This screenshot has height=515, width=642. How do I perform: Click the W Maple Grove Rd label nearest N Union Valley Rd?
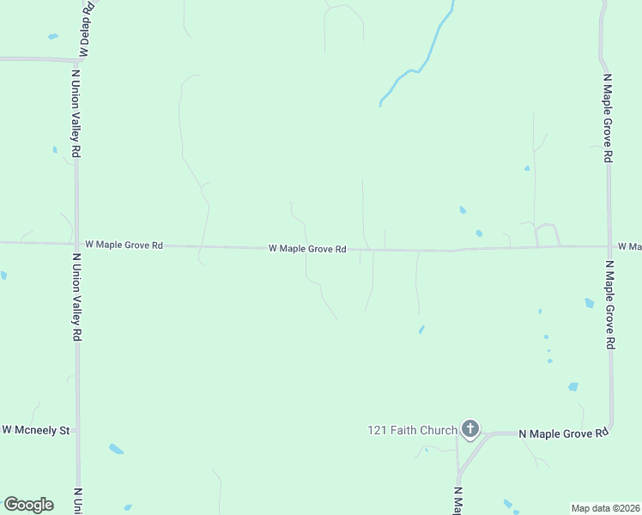coord(124,245)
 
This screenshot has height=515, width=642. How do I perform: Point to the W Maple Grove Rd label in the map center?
coord(307,249)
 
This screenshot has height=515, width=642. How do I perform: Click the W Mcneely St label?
coord(36,429)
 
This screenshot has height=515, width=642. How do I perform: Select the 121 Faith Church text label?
coord(412,429)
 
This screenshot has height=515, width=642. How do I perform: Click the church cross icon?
coord(469,427)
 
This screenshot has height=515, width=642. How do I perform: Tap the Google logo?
coord(28,505)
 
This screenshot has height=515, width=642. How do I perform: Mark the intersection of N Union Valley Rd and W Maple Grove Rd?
coord(76,244)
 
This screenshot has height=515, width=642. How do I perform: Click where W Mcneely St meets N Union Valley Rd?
coord(77,429)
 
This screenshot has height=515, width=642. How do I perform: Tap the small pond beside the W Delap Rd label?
coord(53,36)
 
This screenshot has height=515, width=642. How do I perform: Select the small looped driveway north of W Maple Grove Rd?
coord(547,233)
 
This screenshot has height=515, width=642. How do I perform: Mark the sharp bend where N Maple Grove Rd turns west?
coord(610,427)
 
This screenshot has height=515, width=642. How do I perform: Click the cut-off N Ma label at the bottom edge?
coord(457,500)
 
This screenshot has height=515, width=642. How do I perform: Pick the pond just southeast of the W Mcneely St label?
coord(116,449)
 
